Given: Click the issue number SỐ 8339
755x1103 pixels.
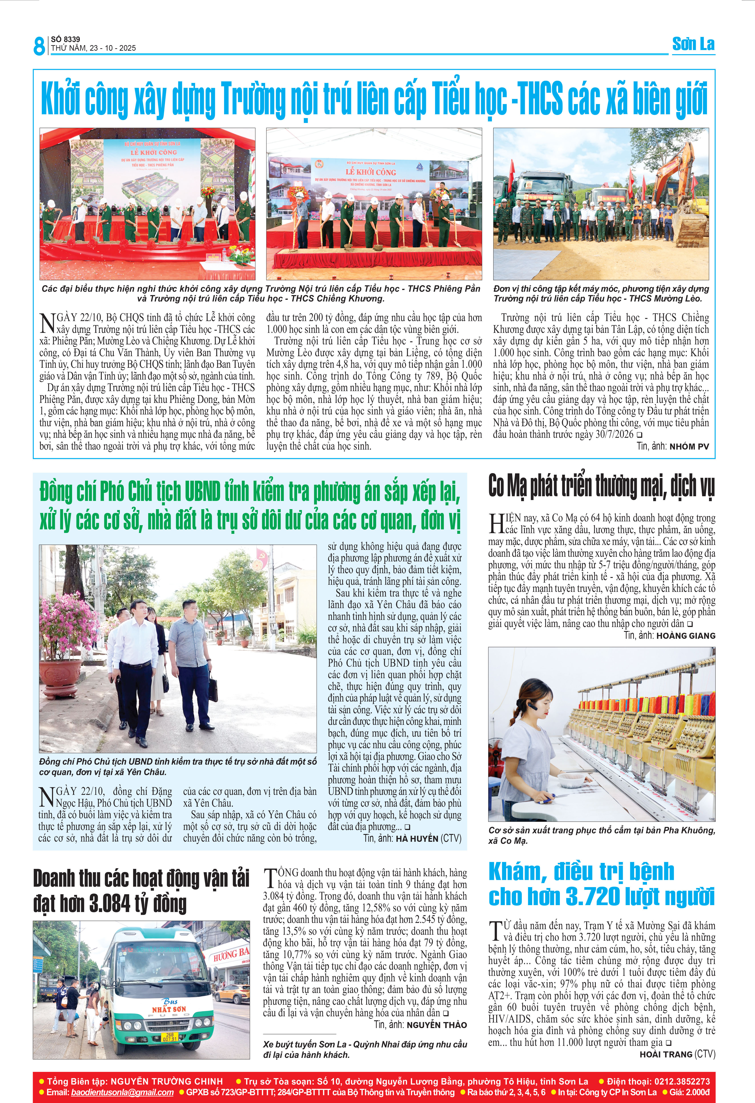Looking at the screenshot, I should pos(66,39).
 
